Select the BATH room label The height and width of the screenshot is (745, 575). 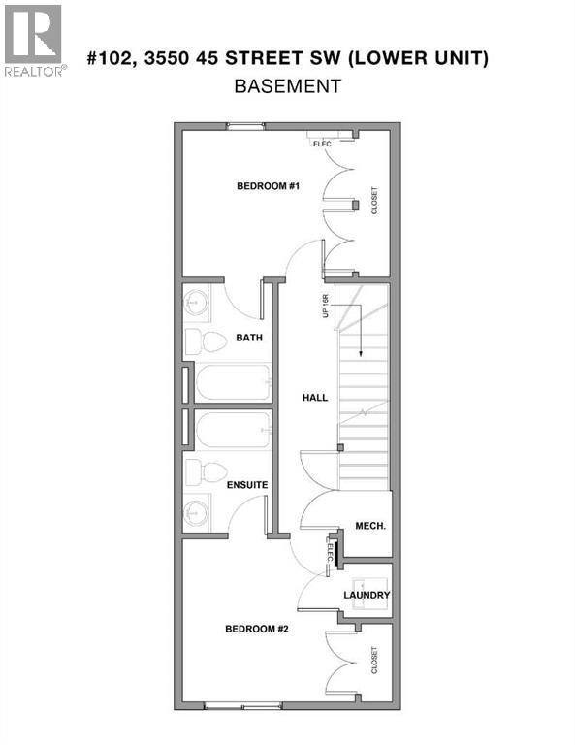pyautogui.click(x=249, y=339)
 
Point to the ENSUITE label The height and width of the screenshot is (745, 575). pyautogui.click(x=247, y=484)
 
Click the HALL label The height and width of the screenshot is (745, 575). pyautogui.click(x=314, y=397)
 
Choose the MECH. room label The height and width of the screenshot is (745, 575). pyautogui.click(x=371, y=526)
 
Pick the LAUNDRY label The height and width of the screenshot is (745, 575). pyautogui.click(x=367, y=595)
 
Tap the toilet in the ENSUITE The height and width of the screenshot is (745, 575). pyautogui.click(x=198, y=473)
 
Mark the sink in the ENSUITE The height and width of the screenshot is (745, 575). pyautogui.click(x=198, y=510)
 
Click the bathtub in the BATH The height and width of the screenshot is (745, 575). pyautogui.click(x=233, y=382)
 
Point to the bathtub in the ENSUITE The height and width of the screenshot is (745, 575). pyautogui.click(x=233, y=431)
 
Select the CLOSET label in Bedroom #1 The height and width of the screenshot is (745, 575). pyautogui.click(x=374, y=202)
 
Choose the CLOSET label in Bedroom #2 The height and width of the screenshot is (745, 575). pyautogui.click(x=374, y=661)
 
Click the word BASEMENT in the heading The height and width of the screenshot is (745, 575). pyautogui.click(x=288, y=86)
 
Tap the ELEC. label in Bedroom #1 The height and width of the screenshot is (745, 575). pyautogui.click(x=322, y=144)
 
